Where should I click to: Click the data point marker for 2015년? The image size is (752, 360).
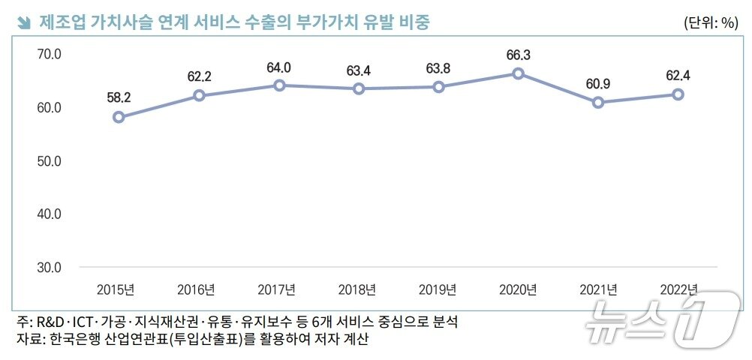(x=119, y=117)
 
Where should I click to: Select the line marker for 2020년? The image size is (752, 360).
(x=518, y=73)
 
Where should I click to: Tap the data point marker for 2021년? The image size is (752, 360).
(x=597, y=102)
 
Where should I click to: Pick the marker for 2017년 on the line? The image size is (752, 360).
(x=278, y=85)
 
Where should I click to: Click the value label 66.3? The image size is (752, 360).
(x=518, y=55)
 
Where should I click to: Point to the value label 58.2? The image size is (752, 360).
(x=119, y=98)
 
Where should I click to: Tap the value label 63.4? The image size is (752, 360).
(x=358, y=71)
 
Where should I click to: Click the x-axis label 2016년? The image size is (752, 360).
(x=196, y=289)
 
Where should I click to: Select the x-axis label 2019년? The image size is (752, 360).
(x=437, y=289)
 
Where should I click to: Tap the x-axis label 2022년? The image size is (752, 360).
(x=678, y=289)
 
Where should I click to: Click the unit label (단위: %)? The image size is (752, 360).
(x=711, y=22)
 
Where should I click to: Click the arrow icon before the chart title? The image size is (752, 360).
(x=23, y=22)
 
